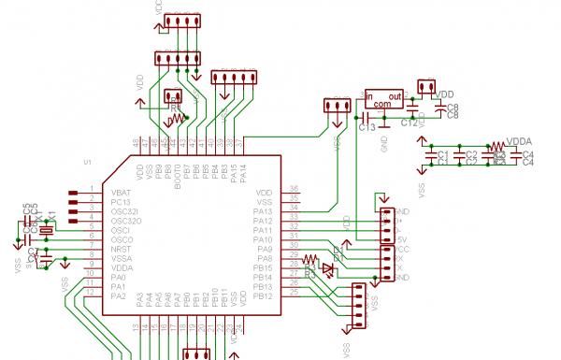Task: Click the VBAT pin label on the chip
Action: coord(121,192)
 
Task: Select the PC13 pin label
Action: coord(120,201)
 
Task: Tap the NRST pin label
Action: coord(121,249)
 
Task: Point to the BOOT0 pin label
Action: coord(178,177)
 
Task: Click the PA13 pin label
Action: coord(263,210)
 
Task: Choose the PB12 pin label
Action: coord(263,296)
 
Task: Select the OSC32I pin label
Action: coord(123,210)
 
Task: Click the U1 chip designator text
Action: coord(87,162)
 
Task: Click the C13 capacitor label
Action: coord(367,126)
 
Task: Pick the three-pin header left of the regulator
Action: coord(334,107)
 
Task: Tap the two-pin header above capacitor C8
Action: coord(426,88)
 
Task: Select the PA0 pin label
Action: coord(118,277)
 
